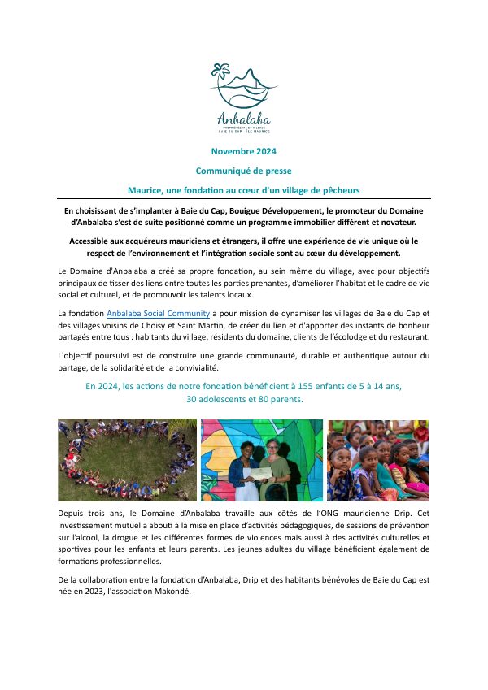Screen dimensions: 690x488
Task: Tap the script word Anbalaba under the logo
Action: pos(243,116)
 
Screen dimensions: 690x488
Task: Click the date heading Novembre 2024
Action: pos(243,152)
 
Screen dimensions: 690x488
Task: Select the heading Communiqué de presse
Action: pos(243,171)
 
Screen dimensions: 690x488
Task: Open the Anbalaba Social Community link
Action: pos(159,313)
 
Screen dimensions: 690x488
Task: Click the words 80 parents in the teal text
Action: pos(280,400)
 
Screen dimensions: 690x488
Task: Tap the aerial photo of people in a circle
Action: pos(127,460)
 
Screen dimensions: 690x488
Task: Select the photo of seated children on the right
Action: pos(377,460)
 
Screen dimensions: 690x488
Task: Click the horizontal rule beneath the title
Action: pos(243,199)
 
